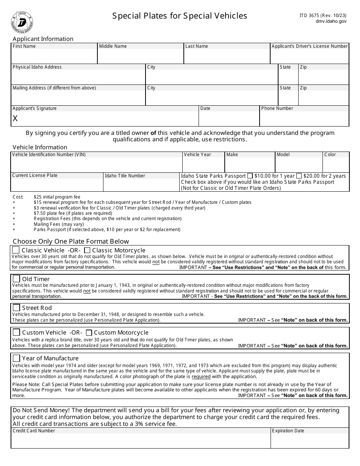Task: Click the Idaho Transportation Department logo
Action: pos(22,22)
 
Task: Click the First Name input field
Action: pos(54,56)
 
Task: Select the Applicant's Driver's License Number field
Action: pos(309,56)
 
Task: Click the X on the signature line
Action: pos(15,119)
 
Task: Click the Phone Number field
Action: pos(304,119)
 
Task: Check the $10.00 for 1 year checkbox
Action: pos(250,176)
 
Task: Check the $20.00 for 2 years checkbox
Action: pos(299,176)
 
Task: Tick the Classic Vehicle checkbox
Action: pos(16,250)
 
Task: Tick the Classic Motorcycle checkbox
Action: pos(87,250)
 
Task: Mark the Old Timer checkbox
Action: pos(16,279)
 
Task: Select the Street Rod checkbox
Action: pos(16,308)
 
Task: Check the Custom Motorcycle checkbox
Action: pos(89,333)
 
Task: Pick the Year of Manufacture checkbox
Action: pos(16,358)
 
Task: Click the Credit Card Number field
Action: pos(140,441)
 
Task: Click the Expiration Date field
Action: pos(310,441)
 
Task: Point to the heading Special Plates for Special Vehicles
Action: pos(180,16)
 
